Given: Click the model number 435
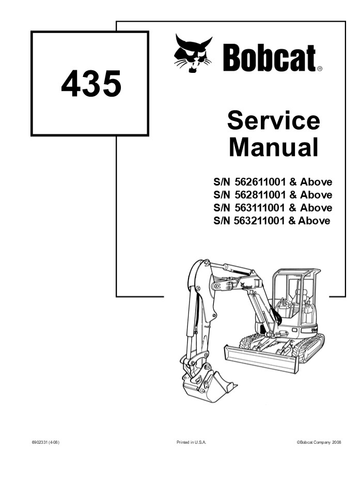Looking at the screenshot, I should click(x=91, y=84).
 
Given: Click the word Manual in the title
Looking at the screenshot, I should click(x=273, y=147).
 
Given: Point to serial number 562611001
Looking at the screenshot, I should click(x=260, y=182).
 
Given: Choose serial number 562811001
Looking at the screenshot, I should click(x=260, y=195).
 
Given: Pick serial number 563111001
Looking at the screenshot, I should click(x=260, y=208).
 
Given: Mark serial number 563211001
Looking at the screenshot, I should click(x=260, y=221).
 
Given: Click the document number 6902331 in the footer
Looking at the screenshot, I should click(x=43, y=442).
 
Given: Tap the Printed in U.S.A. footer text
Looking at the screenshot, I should click(x=191, y=442).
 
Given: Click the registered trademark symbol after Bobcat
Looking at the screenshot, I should click(x=320, y=68).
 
